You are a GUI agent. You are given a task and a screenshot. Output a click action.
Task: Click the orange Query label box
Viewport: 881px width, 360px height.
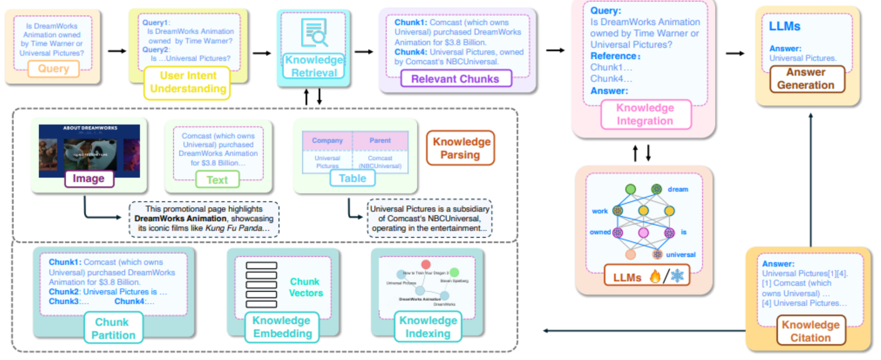tap(53, 69)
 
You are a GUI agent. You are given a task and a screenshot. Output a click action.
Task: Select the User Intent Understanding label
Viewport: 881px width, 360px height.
tap(188, 83)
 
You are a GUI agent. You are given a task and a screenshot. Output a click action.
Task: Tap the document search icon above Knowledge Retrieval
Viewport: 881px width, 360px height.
tap(314, 33)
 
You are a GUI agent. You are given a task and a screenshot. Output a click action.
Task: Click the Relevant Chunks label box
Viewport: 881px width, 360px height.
tap(455, 79)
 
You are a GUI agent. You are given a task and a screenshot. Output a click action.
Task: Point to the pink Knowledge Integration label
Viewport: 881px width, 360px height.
tap(645, 114)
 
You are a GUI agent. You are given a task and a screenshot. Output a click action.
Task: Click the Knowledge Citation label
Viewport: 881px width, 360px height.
tap(810, 331)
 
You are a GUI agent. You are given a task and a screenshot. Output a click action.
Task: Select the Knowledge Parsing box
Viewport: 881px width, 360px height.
tap(461, 148)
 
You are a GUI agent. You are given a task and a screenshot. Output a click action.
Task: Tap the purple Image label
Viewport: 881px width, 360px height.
tap(89, 178)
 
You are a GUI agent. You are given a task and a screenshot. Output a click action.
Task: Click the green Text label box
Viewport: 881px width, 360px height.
tap(217, 180)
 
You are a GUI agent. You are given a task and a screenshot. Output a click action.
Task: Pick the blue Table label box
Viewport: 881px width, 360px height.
tap(352, 178)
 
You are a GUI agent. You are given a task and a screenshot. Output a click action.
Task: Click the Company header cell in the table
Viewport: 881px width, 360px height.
tap(327, 141)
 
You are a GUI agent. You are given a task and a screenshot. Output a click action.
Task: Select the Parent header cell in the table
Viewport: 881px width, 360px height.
tap(380, 141)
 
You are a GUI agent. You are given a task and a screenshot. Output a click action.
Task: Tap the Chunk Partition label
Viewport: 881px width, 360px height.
tap(113, 328)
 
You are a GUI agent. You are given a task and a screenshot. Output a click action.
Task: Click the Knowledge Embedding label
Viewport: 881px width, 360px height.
tap(282, 327)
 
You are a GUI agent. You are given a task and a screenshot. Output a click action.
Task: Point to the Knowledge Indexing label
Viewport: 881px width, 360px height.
tap(428, 327)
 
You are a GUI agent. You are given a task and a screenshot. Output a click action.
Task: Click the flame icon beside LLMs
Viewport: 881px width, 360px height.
tap(655, 276)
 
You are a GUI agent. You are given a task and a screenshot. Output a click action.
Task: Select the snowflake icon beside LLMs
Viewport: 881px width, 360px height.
tap(677, 276)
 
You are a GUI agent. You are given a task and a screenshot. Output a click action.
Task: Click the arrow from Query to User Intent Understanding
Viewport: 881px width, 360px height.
tap(117, 51)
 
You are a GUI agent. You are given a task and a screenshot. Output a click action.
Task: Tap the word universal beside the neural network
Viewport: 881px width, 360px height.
tap(680, 255)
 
